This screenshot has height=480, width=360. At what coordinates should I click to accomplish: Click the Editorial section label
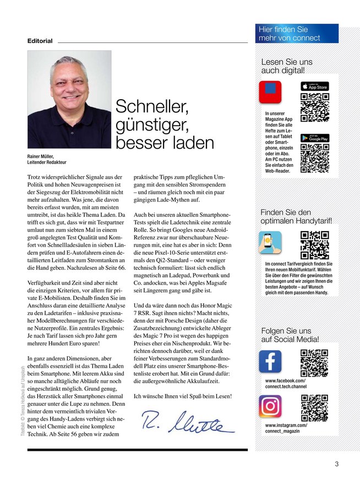click(x=40, y=41)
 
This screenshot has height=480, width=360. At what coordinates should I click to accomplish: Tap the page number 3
click(x=336, y=463)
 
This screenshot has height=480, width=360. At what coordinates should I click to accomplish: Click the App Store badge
click(x=314, y=86)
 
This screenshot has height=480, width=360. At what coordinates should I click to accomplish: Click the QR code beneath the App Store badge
click(x=315, y=107)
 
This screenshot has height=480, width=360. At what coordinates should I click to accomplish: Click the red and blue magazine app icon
click(x=270, y=92)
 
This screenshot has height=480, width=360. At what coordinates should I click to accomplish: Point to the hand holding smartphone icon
click(x=270, y=242)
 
